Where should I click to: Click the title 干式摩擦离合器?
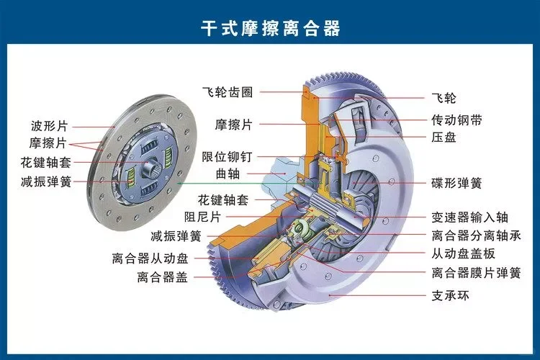270,29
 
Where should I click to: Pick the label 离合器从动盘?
150,257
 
